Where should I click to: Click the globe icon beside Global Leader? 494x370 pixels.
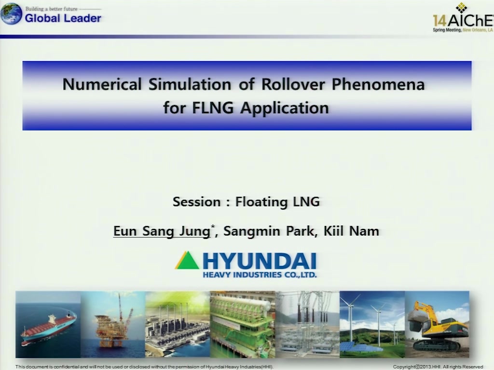click(x=11, y=14)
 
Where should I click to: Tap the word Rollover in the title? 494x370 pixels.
click(x=293, y=84)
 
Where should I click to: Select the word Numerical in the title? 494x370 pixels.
click(x=102, y=84)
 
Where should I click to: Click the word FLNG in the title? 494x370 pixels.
click(x=213, y=108)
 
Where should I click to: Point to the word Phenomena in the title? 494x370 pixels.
click(x=378, y=84)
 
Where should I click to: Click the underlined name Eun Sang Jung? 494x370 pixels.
click(x=162, y=231)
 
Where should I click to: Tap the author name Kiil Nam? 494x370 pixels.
click(x=351, y=231)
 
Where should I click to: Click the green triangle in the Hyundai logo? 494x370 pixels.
click(x=187, y=260)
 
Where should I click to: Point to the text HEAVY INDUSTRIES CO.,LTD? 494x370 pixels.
click(x=260, y=275)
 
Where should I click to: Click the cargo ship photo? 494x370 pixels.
click(x=48, y=324)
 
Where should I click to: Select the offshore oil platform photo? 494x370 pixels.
click(x=113, y=324)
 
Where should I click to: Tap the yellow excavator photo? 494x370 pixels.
click(x=437, y=324)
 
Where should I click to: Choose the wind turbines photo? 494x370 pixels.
click(x=372, y=324)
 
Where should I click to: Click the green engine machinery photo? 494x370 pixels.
click(x=242, y=324)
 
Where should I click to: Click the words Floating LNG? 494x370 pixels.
click(x=277, y=202)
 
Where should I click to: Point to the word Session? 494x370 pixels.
click(x=197, y=202)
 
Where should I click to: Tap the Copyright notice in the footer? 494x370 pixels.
click(x=438, y=367)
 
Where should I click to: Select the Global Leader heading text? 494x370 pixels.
click(x=63, y=18)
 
